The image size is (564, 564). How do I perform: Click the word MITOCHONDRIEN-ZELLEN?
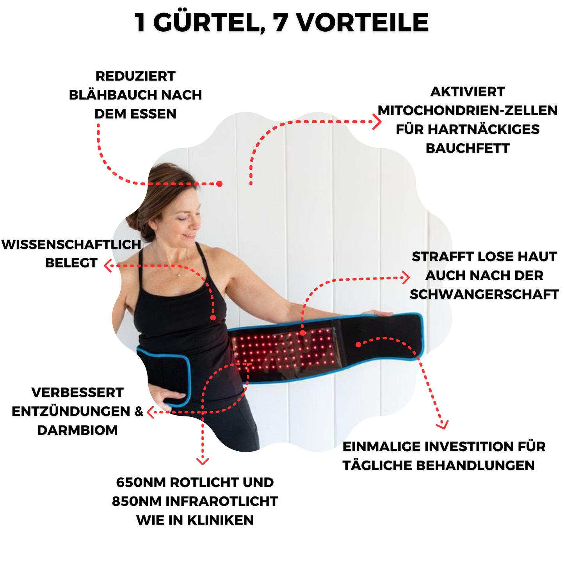click(x=467, y=110)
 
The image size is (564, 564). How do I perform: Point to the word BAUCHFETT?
click(x=467, y=148)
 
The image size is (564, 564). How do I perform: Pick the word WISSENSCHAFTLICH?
click(x=71, y=244)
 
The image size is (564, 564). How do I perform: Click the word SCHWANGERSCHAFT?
click(x=484, y=294)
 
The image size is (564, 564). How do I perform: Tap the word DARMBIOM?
click(x=77, y=430)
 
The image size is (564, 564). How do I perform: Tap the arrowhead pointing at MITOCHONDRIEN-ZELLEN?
click(x=377, y=122)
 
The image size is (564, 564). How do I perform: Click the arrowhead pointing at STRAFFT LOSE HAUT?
click(x=406, y=278)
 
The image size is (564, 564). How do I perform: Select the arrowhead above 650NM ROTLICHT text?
click(x=202, y=461)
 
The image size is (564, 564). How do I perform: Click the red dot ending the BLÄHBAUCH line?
click(x=219, y=183)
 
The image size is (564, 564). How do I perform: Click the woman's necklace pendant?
click(x=178, y=275)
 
